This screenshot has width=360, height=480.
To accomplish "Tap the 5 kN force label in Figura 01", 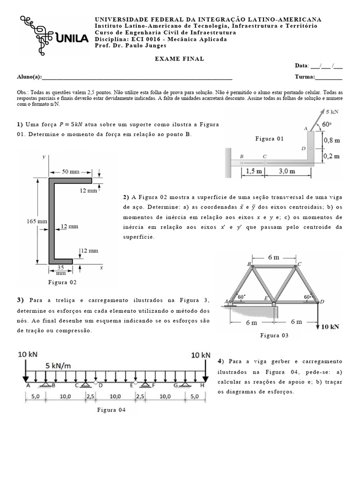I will [x=333, y=112].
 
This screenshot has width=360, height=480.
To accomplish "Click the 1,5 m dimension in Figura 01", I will [x=254, y=171].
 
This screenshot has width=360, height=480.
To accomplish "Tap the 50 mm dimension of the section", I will [x=67, y=172].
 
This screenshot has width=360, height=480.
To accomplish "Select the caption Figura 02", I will [x=62, y=282].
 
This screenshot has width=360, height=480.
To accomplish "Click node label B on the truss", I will [x=249, y=264].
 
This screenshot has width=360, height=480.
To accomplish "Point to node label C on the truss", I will [x=299, y=263].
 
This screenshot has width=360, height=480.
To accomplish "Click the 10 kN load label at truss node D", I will [x=334, y=327].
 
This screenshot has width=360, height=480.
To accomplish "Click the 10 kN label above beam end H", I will [x=201, y=355].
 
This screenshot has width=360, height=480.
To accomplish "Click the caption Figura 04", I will [x=112, y=410].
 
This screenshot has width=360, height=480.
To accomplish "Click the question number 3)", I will [x=20, y=300].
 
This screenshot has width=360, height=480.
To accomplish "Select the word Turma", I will [x=304, y=77].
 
